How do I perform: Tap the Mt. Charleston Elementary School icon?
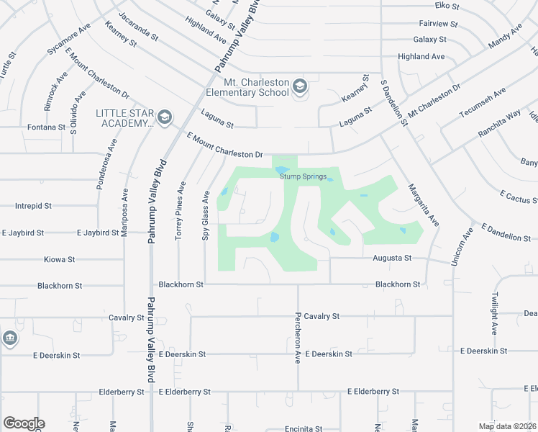[x=299, y=88]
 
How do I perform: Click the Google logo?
[x=24, y=423]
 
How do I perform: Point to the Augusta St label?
[x=391, y=258]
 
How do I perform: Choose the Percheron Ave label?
[x=296, y=338]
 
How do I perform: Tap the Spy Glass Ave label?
[x=206, y=215]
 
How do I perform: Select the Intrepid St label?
[x=34, y=206]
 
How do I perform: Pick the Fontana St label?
[x=46, y=127]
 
